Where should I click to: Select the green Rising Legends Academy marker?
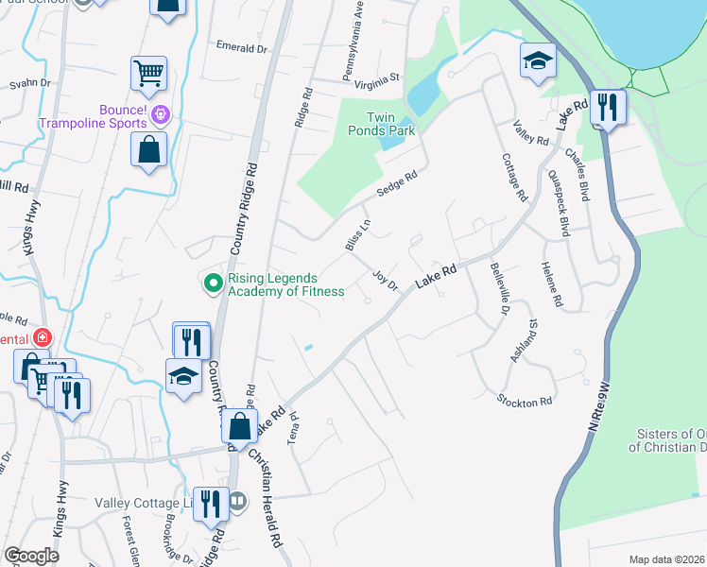(214, 282)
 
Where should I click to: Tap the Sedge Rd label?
(397, 183)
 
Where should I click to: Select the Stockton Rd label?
(525, 402)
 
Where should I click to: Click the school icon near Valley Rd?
(537, 60)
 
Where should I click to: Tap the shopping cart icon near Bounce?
(149, 72)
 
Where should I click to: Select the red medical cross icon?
(42, 337)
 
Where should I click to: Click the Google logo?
(31, 556)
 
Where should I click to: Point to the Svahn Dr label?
(29, 83)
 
